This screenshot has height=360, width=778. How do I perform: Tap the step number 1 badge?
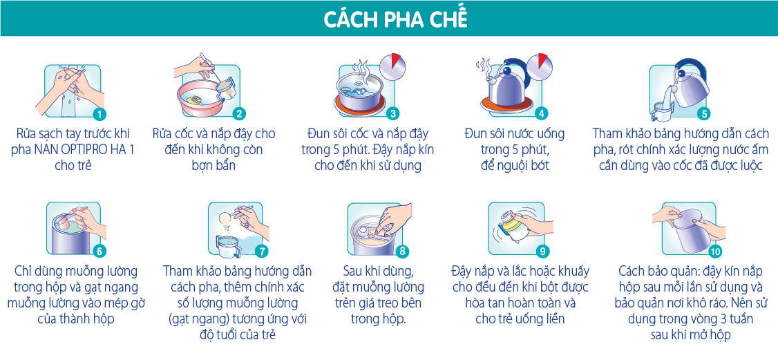click(x=99, y=114)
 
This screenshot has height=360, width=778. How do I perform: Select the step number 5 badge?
click(x=703, y=114)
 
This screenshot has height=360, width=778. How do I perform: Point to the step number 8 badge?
click(x=401, y=252)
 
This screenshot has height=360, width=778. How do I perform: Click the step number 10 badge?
click(x=715, y=252)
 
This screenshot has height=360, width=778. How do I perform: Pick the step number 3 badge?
click(x=392, y=114)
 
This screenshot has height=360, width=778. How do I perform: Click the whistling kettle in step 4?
click(x=506, y=85)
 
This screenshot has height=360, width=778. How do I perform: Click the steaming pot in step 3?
click(x=359, y=93)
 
